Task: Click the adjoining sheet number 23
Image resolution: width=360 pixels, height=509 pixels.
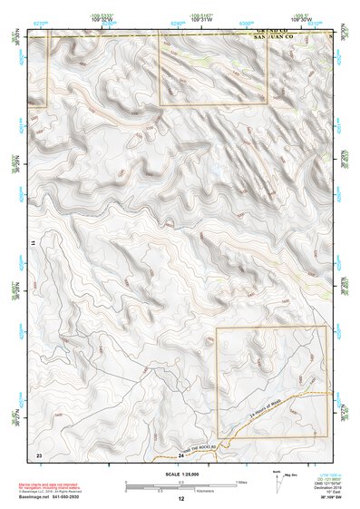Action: [x=39, y=453]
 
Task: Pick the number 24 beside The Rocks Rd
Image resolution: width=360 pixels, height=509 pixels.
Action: [x=180, y=454]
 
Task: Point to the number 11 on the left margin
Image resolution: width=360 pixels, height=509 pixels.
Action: [x=34, y=245]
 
